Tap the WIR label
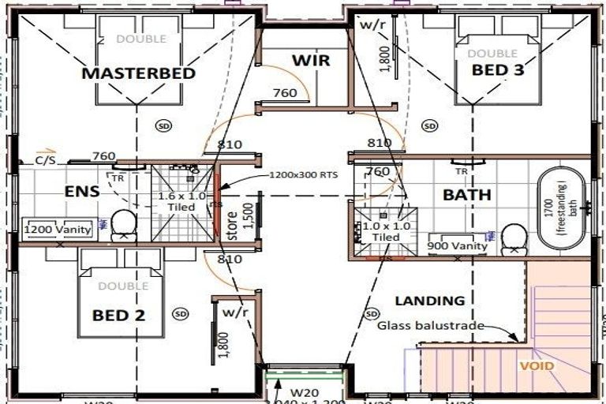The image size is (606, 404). pos(310,61)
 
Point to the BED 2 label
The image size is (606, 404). pos(118,315)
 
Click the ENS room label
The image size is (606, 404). pos(81,190)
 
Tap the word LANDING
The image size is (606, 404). pos(430,301)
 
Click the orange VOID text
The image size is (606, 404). pos(536,366)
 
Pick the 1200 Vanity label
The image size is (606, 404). pos(57,230)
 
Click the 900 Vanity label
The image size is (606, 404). pos(458,246)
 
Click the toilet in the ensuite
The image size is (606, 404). pos(124,225)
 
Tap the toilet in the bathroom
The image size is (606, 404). pos(514,238)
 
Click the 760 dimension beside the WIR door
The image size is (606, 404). pos(285,93)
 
